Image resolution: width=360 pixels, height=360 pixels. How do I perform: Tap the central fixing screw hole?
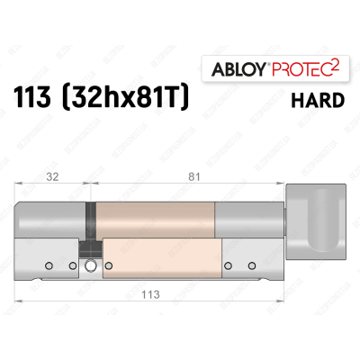pyautogui.click(x=91, y=265)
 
